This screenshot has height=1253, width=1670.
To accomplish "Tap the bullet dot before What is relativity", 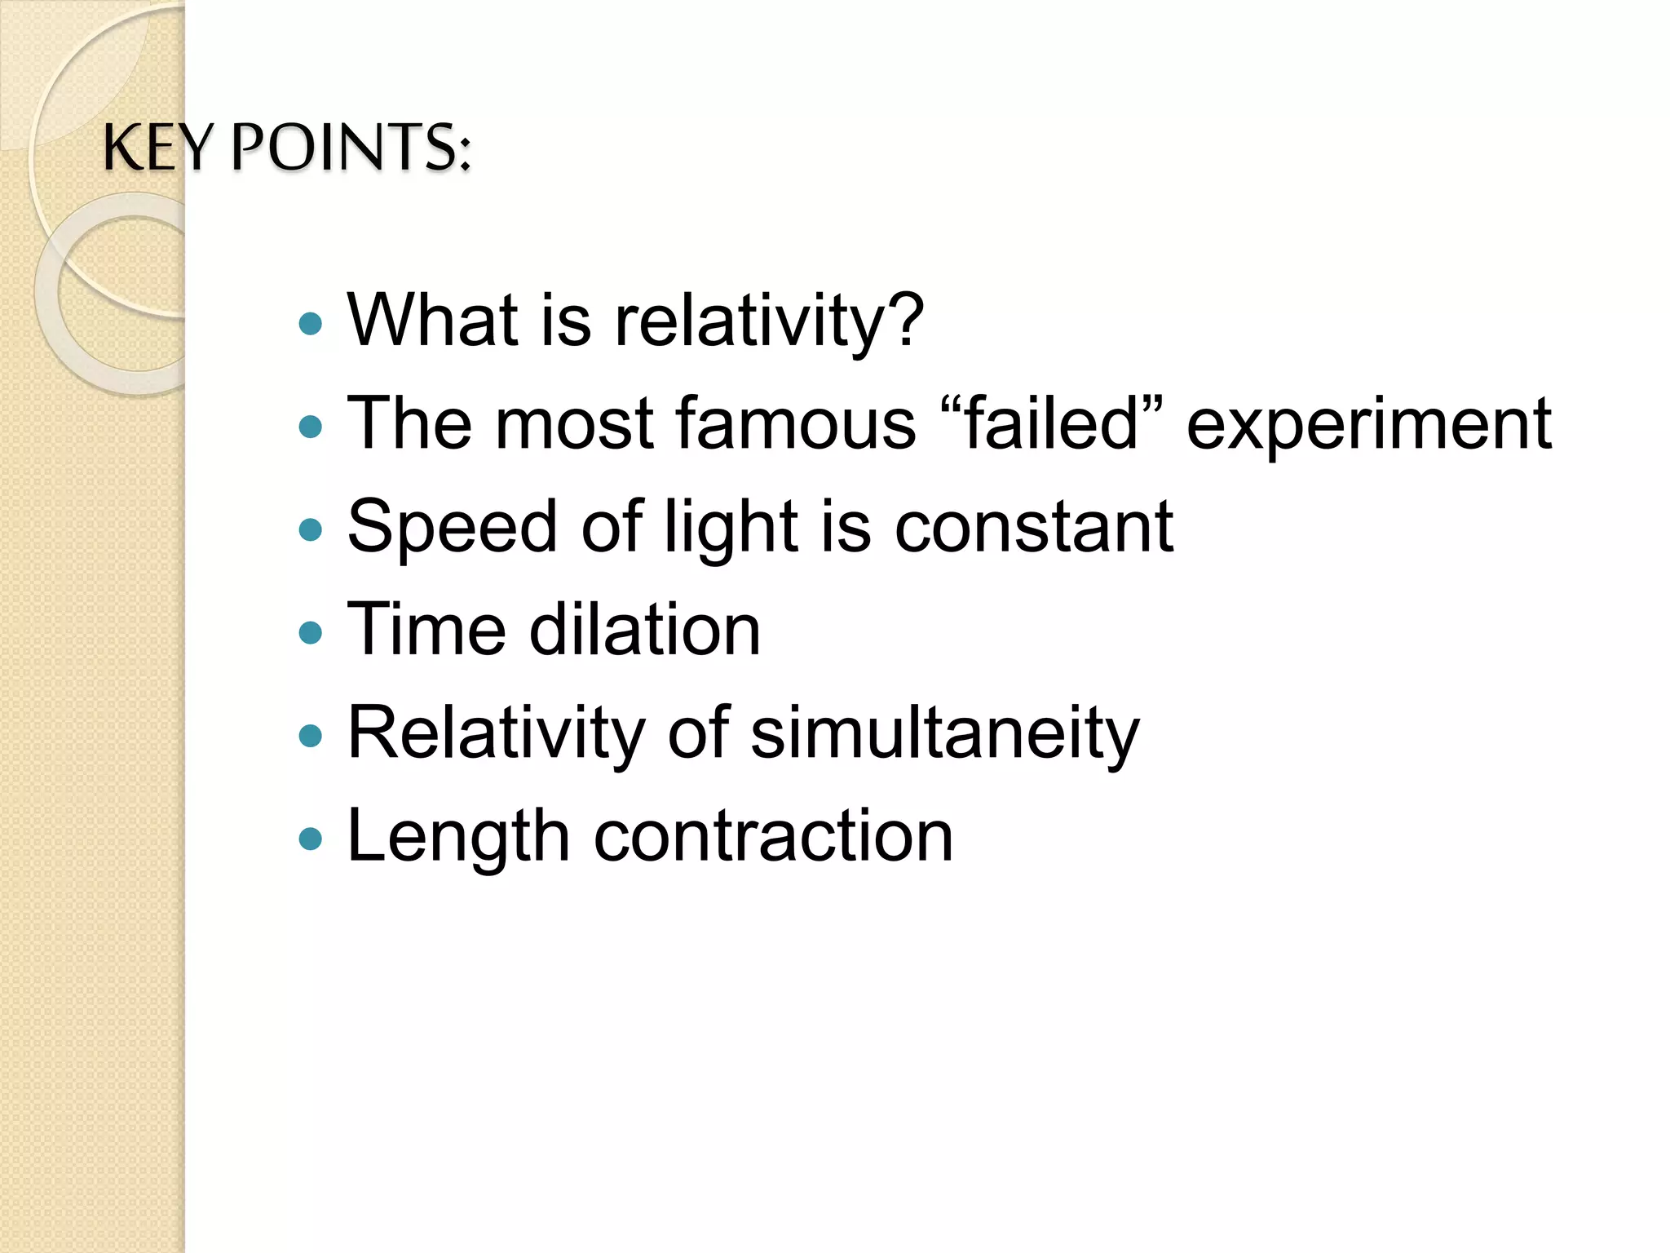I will click(x=311, y=324).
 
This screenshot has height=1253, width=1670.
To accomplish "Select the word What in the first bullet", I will click(x=433, y=320).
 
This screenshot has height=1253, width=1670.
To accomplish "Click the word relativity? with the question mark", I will click(x=769, y=321).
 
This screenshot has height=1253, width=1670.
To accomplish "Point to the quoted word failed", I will click(x=1052, y=423).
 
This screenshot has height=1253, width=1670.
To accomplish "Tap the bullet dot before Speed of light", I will click(x=311, y=530).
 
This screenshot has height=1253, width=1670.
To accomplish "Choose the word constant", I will click(x=1034, y=527).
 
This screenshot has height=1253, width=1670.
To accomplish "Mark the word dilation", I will click(x=645, y=629).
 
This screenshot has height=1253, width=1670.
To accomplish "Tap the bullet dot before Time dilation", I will click(x=311, y=632).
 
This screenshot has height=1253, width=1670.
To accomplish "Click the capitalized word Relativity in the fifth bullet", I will click(x=497, y=733).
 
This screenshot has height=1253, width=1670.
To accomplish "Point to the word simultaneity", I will click(x=944, y=733).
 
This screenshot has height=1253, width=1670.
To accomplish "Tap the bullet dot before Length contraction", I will click(x=311, y=839).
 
